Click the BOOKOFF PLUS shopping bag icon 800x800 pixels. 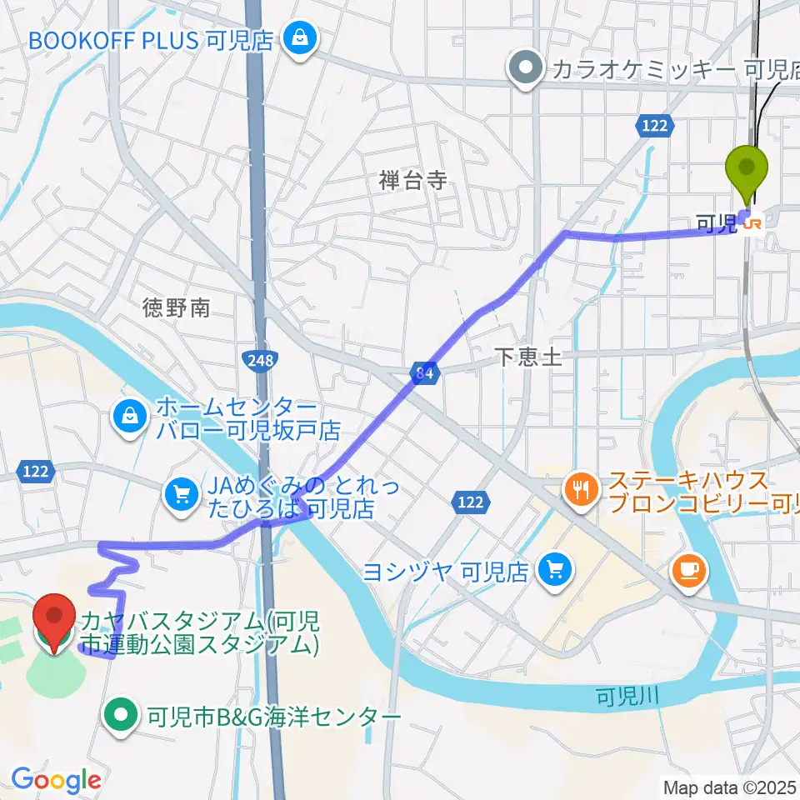pos(296,37)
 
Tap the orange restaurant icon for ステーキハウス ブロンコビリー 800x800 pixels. pos(580,488)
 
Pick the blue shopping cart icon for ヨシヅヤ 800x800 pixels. pos(554,571)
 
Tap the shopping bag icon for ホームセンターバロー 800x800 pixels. pos(130,415)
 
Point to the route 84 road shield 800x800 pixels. pos(425,372)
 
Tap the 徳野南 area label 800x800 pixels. pos(176,308)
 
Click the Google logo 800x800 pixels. pos(56,781)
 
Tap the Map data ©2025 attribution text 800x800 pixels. pos(730,786)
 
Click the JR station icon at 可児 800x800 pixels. pos(752,222)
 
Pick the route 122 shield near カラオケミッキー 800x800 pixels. pos(653,125)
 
